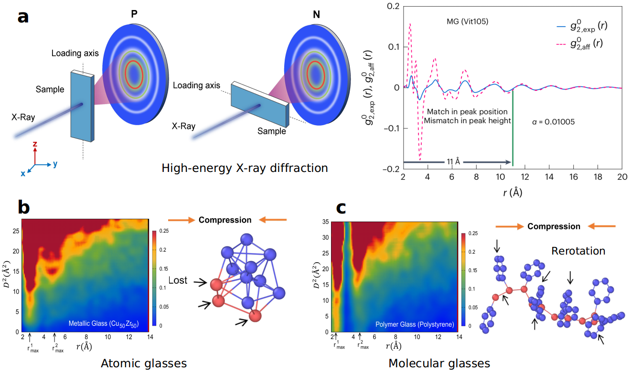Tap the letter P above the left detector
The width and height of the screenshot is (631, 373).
[134, 14]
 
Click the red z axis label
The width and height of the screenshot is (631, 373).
[35, 143]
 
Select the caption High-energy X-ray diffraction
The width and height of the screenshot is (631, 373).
[245, 168]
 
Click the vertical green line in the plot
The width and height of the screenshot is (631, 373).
[513, 129]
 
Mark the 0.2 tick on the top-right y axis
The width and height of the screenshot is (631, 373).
[393, 6]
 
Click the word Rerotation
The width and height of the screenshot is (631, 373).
[578, 251]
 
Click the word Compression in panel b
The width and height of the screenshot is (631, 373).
[225, 220]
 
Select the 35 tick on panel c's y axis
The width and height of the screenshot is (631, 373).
[326, 222]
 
